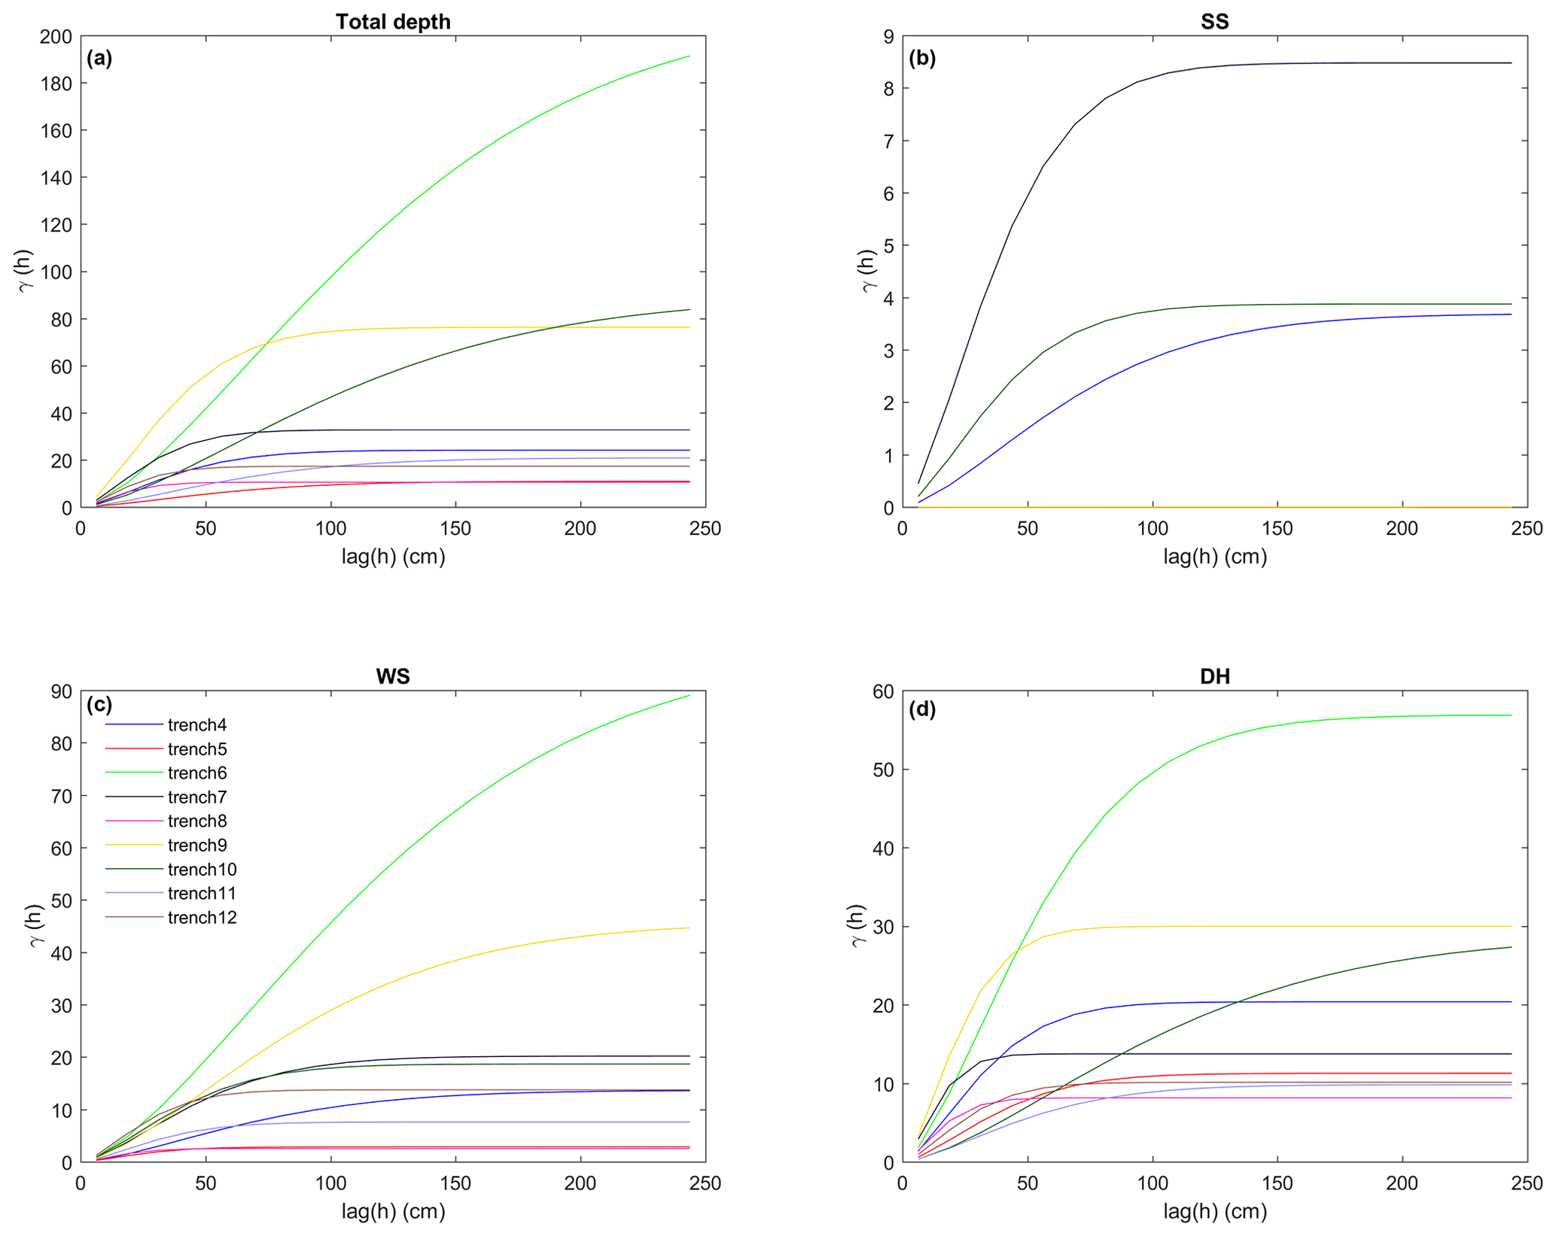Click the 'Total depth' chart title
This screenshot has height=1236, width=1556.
393,22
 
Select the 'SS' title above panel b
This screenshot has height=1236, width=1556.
1214,22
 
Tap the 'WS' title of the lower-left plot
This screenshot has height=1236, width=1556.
393,676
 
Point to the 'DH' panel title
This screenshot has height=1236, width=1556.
1214,676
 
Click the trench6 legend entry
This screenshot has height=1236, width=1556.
197,773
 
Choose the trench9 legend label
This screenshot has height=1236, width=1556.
197,846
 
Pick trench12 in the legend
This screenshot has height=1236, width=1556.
202,918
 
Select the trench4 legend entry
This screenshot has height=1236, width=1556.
197,725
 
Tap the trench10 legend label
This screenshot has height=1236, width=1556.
202,870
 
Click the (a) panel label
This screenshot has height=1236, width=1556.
99,58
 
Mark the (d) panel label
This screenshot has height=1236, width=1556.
922,709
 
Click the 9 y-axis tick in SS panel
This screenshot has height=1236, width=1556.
889,36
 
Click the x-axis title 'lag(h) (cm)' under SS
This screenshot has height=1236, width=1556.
1214,556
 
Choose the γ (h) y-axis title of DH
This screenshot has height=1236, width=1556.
859,926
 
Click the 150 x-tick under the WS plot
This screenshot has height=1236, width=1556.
455,1183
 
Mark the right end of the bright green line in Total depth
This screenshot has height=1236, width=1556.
689,56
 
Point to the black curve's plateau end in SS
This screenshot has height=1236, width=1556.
1511,63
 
